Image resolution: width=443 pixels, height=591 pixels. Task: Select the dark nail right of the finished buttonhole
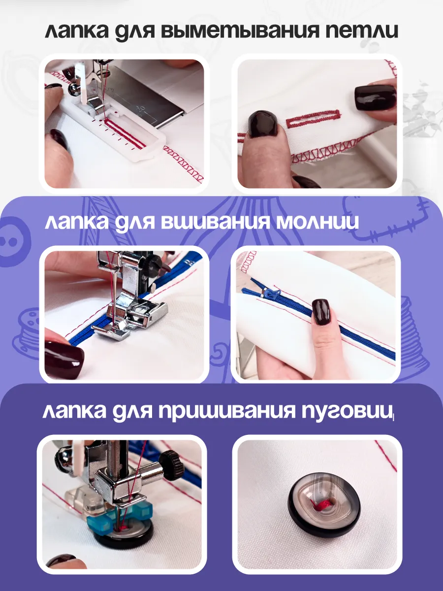376,98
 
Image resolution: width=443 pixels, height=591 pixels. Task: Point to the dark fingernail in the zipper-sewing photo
63,357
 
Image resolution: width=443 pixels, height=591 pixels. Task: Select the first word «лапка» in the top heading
77,32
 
